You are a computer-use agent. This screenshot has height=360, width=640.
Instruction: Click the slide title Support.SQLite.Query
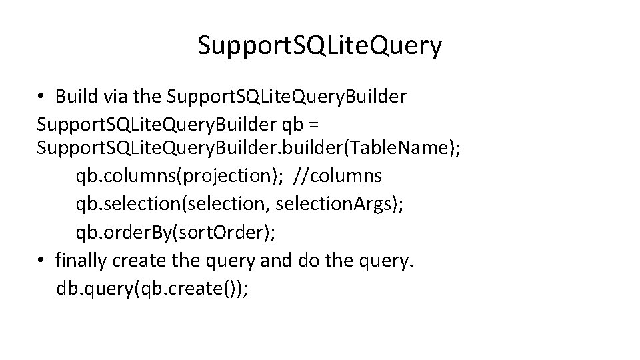(x=319, y=46)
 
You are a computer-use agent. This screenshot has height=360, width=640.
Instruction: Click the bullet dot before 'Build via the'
(x=41, y=97)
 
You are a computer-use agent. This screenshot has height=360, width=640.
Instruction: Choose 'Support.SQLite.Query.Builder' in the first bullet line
(x=287, y=97)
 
